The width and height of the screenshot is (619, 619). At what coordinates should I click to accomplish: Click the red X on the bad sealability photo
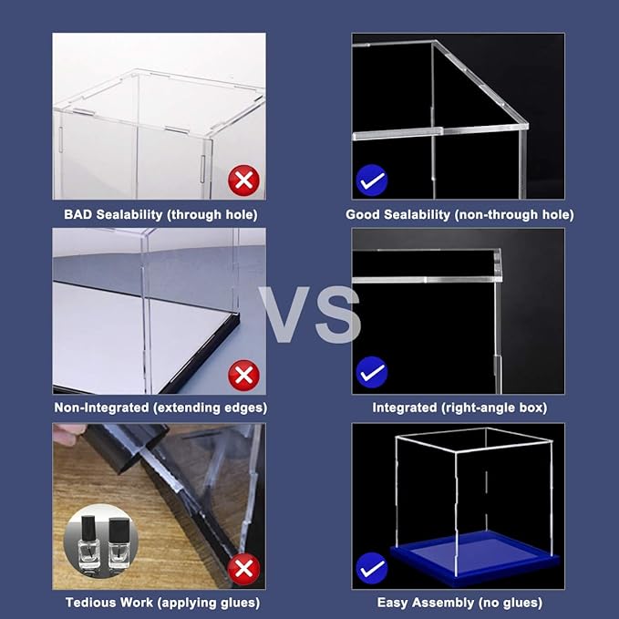pos(242,181)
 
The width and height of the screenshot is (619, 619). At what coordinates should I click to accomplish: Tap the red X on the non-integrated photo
pos(242,375)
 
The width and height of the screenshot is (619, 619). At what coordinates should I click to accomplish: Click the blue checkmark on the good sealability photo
pos(372,181)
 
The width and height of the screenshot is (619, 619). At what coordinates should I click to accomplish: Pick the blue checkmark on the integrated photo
pos(372,372)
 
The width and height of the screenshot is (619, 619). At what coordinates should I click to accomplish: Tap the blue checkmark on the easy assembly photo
pos(372,569)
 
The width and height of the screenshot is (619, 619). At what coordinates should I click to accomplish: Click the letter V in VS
pos(284,315)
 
